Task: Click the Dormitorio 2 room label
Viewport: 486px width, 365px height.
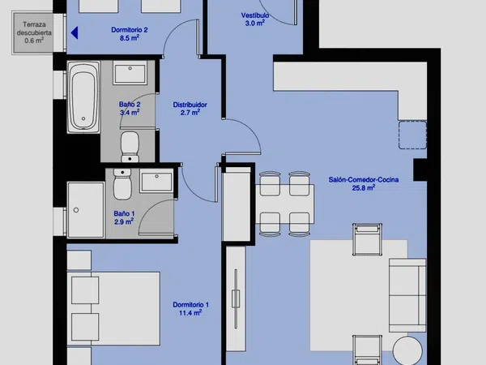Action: coord(130,34)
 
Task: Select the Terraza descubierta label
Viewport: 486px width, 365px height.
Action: coord(34,32)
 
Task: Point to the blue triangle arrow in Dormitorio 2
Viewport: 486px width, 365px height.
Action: coord(75,33)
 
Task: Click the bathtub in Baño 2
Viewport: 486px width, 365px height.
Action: coord(83,97)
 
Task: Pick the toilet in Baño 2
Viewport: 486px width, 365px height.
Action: coord(130,147)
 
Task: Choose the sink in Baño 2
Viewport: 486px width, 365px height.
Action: coord(130,73)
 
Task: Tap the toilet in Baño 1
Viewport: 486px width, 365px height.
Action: coord(122,184)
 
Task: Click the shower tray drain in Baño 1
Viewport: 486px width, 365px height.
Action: coord(76,210)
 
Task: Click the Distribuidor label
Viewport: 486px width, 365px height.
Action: coord(190,105)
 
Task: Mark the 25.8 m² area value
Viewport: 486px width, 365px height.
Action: coord(364,187)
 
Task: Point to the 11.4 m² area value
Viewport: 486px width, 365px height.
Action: coord(190,312)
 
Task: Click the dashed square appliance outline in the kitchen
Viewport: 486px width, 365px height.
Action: coord(412,135)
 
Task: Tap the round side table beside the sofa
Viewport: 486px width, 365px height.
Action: coord(407,350)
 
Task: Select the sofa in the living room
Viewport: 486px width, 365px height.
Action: coord(407,295)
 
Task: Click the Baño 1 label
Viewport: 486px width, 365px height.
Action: coord(124,213)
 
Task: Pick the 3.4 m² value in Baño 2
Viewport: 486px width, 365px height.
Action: coord(130,112)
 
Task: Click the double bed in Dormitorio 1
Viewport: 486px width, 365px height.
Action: coord(113,308)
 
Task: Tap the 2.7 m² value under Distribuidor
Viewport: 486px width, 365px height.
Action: coord(190,113)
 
